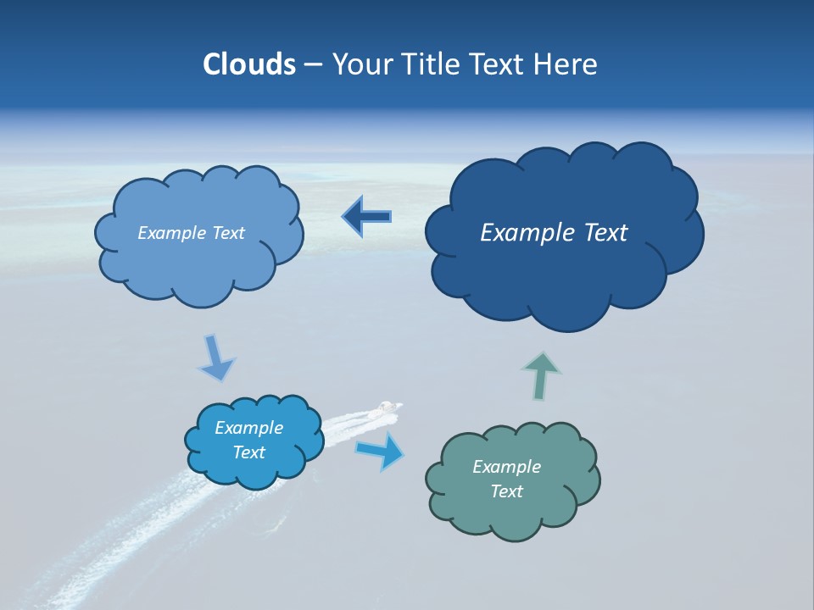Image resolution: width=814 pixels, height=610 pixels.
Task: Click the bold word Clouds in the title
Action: [249, 64]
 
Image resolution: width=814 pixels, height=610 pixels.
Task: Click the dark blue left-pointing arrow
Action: [366, 217]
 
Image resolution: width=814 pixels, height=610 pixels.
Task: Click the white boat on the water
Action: [387, 408]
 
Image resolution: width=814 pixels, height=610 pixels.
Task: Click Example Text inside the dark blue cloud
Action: [554, 233]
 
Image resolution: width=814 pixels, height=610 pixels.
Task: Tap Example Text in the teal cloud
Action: [506, 479]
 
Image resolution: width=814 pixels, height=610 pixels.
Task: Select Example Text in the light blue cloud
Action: [191, 233]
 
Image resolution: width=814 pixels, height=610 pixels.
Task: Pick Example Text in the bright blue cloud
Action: [248, 440]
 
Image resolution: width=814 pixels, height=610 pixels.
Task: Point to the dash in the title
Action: [313, 65]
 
